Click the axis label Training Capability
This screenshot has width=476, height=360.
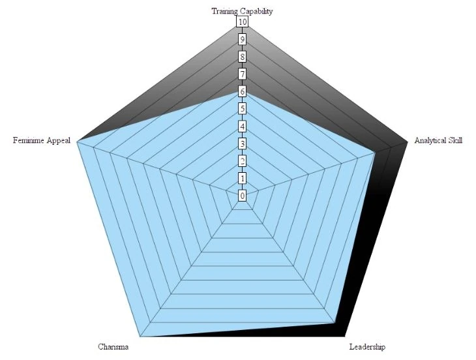tap(242, 11)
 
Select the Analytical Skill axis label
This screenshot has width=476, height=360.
tap(438, 140)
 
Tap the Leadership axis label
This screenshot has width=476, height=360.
tap(368, 346)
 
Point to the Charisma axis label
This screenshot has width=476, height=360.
tap(113, 346)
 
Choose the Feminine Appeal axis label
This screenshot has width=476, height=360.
tap(42, 140)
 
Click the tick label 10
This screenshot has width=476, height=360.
tap(242, 22)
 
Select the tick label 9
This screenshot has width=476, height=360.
tap(242, 40)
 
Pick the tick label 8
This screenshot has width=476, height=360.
tap(242, 57)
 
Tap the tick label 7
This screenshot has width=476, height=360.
tap(242, 74)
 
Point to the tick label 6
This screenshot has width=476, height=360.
tap(242, 91)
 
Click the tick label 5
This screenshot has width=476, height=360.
tap(242, 109)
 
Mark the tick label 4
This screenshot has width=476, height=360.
tap(242, 126)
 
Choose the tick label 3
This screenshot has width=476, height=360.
tap(242, 143)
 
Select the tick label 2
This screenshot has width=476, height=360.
tap(242, 160)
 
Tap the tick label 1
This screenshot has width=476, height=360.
tap(242, 178)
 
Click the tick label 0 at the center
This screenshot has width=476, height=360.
tap(242, 196)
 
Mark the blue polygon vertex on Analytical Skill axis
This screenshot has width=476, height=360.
tap(374, 153)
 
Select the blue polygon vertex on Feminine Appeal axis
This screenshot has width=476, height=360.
tap(78, 142)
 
